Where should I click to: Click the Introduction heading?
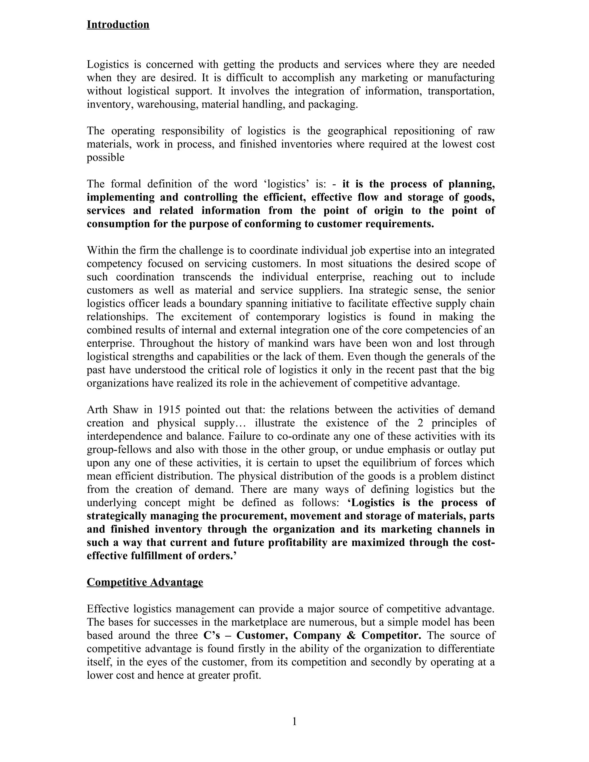(x=118, y=25)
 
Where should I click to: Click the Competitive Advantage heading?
(x=145, y=582)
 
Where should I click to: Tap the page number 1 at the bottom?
(x=294, y=721)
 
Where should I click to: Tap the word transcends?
(x=206, y=277)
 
